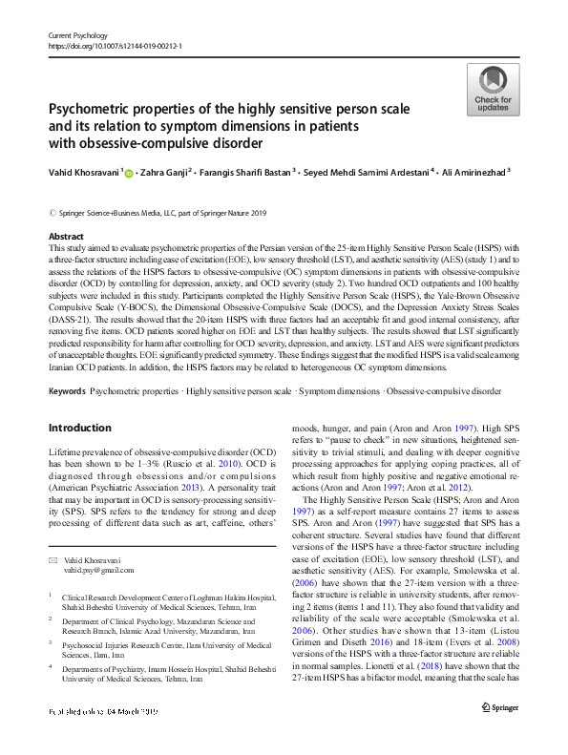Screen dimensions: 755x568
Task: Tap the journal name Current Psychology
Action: click(80, 33)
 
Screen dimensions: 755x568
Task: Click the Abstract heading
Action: click(65, 236)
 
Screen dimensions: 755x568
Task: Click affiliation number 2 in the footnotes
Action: click(52, 619)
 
